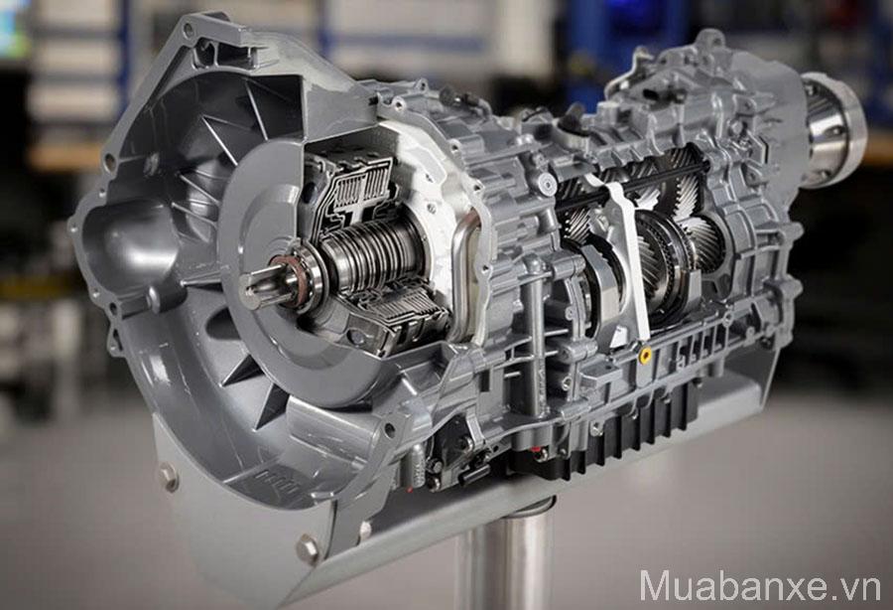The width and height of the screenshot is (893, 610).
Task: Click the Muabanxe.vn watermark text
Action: coord(760,585)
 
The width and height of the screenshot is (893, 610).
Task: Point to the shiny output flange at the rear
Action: coord(832,129)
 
